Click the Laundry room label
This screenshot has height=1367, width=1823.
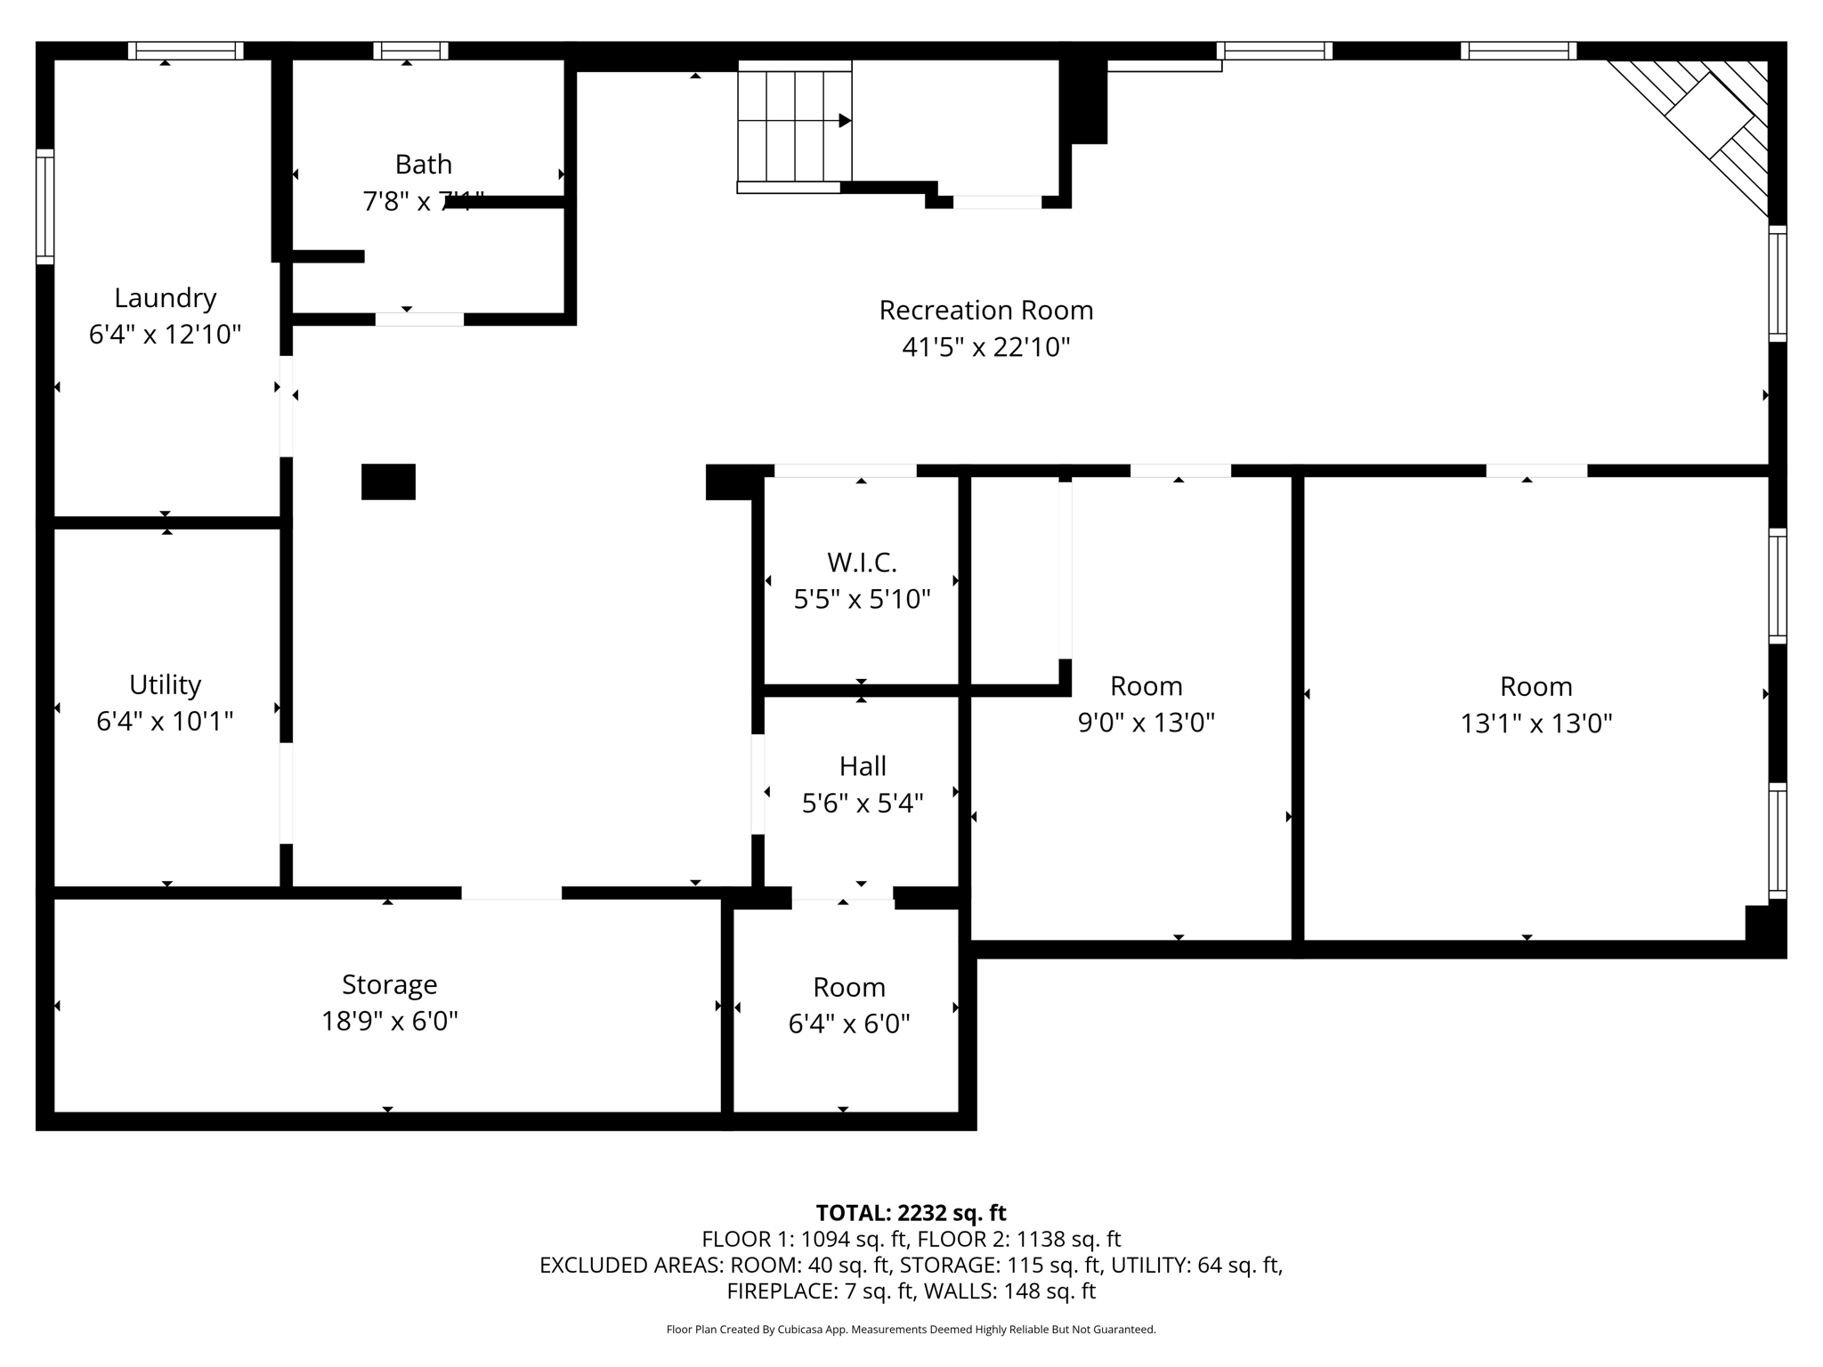click(166, 298)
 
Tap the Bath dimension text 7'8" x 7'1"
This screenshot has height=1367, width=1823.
click(423, 201)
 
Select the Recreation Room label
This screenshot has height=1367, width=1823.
click(985, 311)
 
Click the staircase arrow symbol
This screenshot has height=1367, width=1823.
click(844, 120)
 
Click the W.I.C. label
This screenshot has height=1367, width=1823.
click(862, 562)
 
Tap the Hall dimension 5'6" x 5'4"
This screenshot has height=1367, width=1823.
click(862, 804)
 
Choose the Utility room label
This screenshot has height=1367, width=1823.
click(165, 684)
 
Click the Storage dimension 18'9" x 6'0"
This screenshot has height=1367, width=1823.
click(389, 1021)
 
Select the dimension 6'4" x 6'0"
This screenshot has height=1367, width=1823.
click(848, 1024)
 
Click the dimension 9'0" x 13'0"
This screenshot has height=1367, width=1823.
click(1146, 723)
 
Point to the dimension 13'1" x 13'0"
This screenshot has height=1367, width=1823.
click(1535, 724)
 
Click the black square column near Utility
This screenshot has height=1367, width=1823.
click(388, 481)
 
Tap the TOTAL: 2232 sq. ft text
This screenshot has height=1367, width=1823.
click(911, 1213)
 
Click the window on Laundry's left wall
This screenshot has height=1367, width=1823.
click(45, 206)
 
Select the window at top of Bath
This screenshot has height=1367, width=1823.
click(409, 51)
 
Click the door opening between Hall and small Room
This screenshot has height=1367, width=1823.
click(842, 897)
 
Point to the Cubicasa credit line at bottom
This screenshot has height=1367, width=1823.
click(911, 1330)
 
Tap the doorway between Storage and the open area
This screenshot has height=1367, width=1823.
click(511, 893)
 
